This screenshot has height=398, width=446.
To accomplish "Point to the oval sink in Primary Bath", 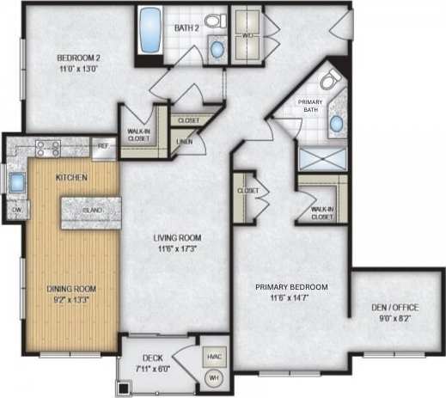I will click(x=337, y=126).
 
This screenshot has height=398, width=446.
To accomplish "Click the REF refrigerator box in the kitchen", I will click(x=103, y=146).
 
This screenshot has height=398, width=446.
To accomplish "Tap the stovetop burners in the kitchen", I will click(x=45, y=147).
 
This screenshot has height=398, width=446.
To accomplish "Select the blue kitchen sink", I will click(x=16, y=181).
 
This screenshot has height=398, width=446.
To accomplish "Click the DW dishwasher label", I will click(x=16, y=210).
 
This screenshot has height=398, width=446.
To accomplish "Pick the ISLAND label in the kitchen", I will click(x=92, y=209).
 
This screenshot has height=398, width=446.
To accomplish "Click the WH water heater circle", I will click(x=212, y=378).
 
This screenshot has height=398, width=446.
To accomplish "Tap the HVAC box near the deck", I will click(x=213, y=353).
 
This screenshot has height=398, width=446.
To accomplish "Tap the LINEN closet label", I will click(x=183, y=141).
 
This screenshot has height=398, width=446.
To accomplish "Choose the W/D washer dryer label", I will click(x=247, y=36).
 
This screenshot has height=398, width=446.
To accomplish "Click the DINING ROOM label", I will click(x=70, y=289).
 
